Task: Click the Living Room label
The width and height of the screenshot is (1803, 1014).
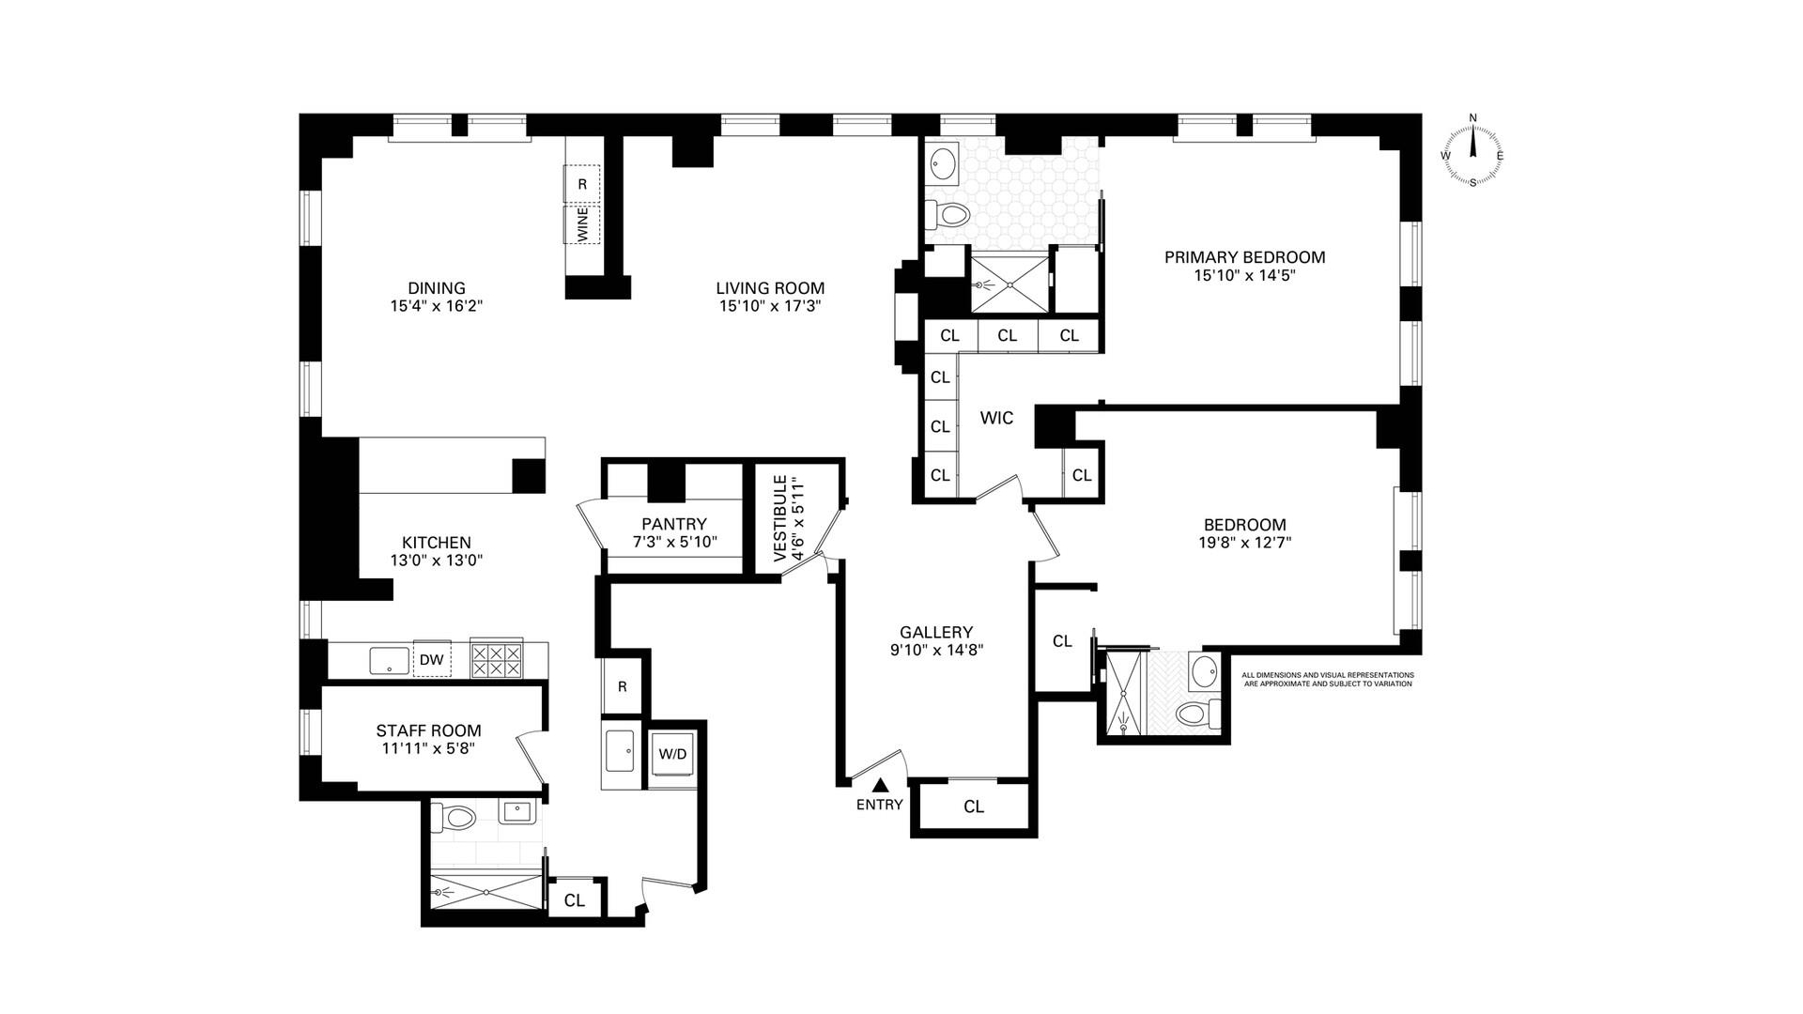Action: tap(770, 288)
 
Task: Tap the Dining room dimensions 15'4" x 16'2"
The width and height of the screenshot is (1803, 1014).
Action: tap(437, 306)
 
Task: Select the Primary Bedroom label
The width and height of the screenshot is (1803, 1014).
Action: tap(1245, 257)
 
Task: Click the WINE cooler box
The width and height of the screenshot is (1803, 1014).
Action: tap(582, 225)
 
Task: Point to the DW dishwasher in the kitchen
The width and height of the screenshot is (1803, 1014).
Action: tap(432, 659)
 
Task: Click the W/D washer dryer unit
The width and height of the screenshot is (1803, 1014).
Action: tap(672, 754)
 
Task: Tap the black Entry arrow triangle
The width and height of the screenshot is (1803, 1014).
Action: tap(880, 785)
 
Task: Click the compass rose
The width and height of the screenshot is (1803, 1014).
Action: tap(1472, 150)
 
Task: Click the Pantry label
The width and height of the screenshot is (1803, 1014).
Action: tap(674, 524)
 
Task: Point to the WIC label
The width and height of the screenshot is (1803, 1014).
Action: tap(996, 418)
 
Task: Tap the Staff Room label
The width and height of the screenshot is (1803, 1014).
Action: tap(429, 730)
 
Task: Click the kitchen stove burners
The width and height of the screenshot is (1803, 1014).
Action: tap(497, 659)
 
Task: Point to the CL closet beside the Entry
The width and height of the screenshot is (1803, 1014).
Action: tap(974, 807)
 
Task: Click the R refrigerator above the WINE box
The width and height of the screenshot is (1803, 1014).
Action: tap(582, 184)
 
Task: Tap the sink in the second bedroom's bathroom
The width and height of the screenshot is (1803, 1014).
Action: tap(1203, 672)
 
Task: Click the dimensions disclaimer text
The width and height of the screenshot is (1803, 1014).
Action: tap(1328, 679)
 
